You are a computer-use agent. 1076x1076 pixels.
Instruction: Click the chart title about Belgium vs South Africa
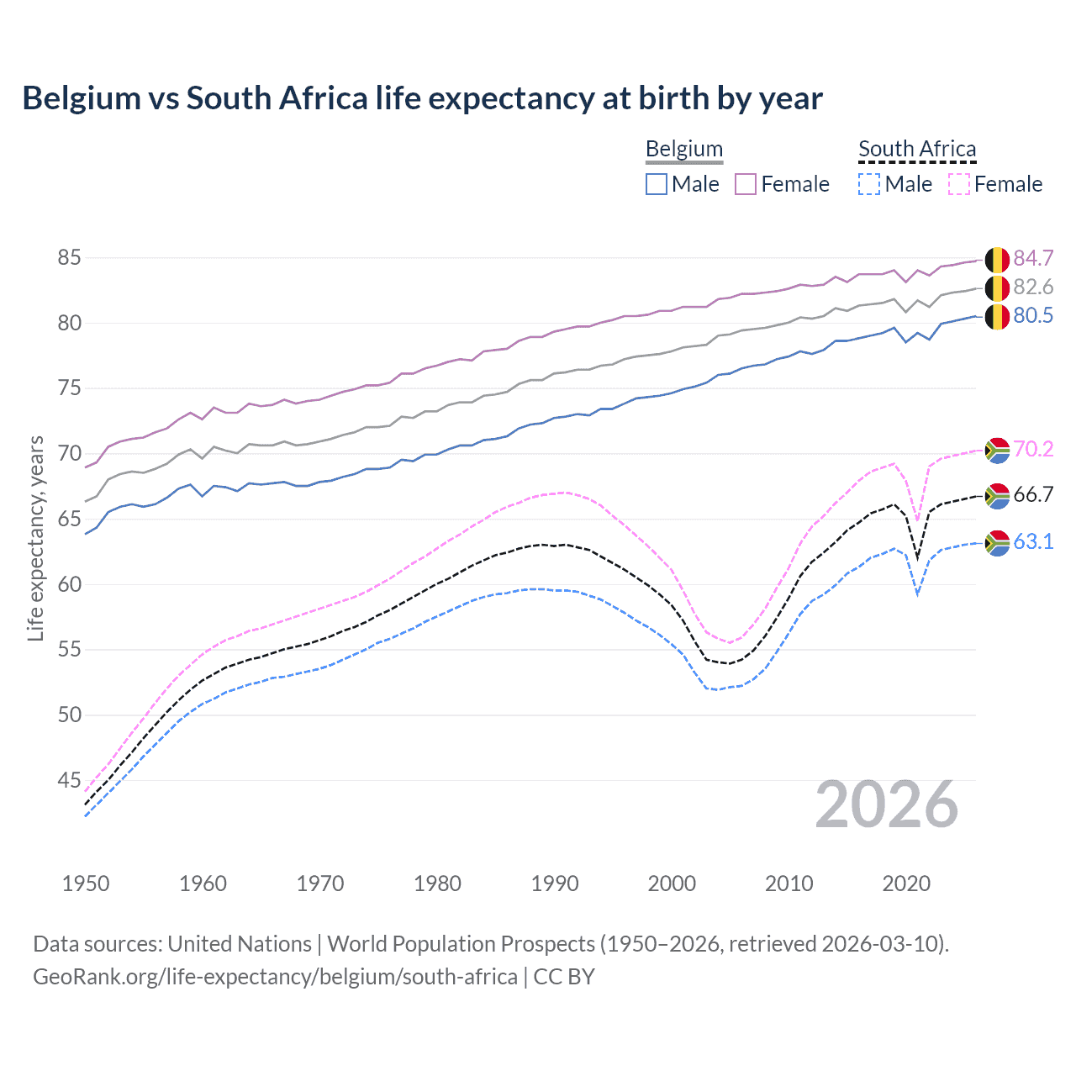(x=422, y=98)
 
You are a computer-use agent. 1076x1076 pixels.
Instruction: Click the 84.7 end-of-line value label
(x=1033, y=258)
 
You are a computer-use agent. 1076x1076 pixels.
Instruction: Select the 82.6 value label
(x=1033, y=287)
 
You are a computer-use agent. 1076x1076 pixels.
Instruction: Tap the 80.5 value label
(x=1033, y=316)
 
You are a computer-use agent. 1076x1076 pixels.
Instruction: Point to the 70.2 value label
(x=1033, y=450)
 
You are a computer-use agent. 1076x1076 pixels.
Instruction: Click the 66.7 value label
(x=1033, y=495)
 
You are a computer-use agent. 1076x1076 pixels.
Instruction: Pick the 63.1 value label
(x=1033, y=542)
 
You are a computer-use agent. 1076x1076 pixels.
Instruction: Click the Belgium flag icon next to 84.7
(x=997, y=260)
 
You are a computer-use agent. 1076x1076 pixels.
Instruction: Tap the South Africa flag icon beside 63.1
(x=997, y=543)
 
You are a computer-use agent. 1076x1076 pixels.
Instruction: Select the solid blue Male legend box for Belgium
(x=657, y=184)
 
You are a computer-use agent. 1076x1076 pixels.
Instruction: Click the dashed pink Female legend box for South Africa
(x=959, y=184)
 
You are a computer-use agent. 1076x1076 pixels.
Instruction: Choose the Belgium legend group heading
(x=684, y=150)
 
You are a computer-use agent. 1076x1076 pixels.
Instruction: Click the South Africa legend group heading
(x=917, y=150)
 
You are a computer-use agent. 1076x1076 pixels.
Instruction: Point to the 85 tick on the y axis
(x=69, y=258)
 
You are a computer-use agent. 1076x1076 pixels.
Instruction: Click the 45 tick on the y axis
(x=69, y=781)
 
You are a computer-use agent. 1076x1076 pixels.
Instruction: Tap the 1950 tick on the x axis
(x=86, y=883)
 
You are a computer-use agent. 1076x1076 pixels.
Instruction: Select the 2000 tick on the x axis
(x=672, y=883)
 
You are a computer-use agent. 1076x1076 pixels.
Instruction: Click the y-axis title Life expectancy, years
(x=36, y=538)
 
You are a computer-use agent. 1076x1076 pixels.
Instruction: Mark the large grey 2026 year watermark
(x=887, y=805)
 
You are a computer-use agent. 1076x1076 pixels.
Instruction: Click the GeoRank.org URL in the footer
(x=275, y=977)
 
